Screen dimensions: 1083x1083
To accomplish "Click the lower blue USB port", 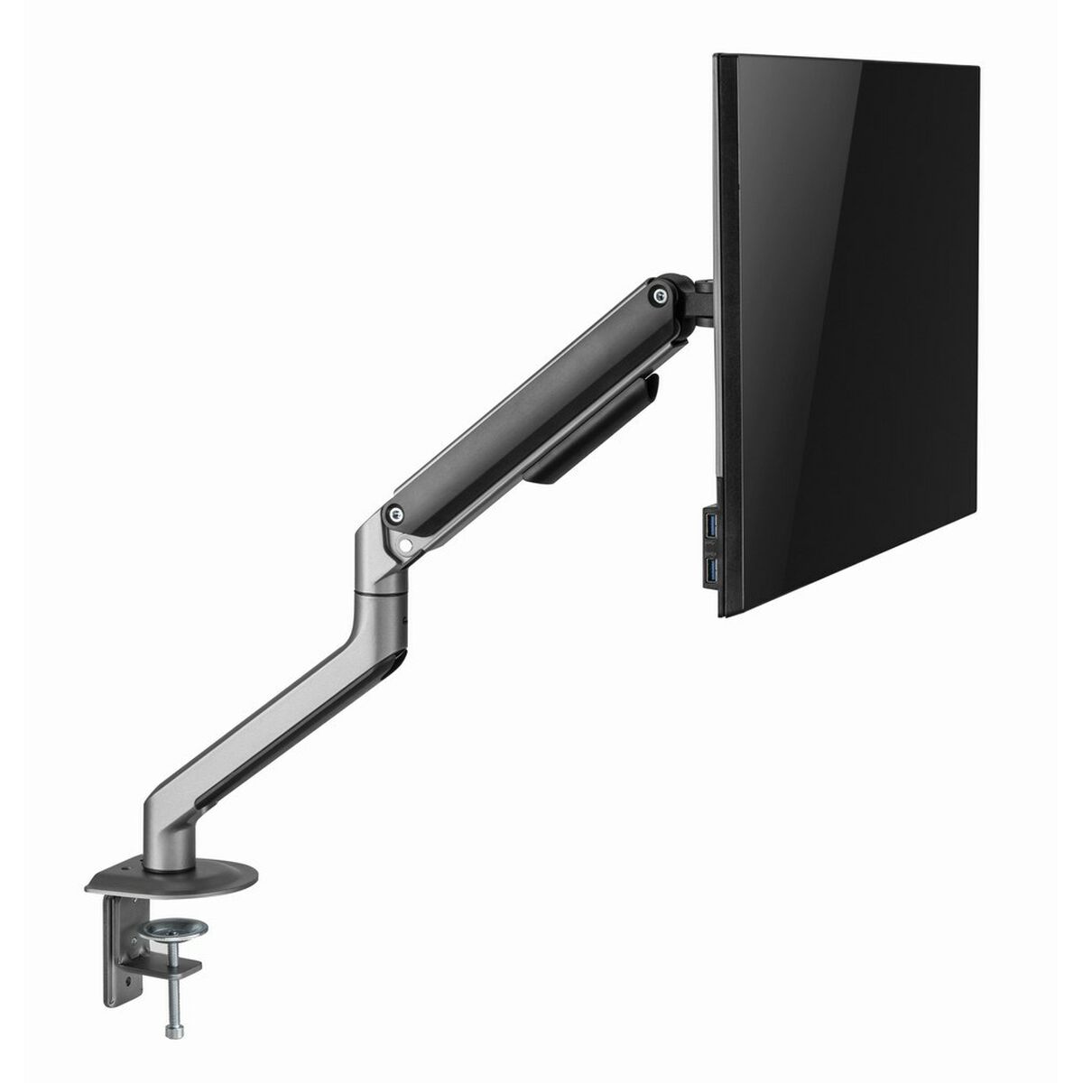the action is point(713,569).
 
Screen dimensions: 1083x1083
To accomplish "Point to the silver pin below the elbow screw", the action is point(406,545).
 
